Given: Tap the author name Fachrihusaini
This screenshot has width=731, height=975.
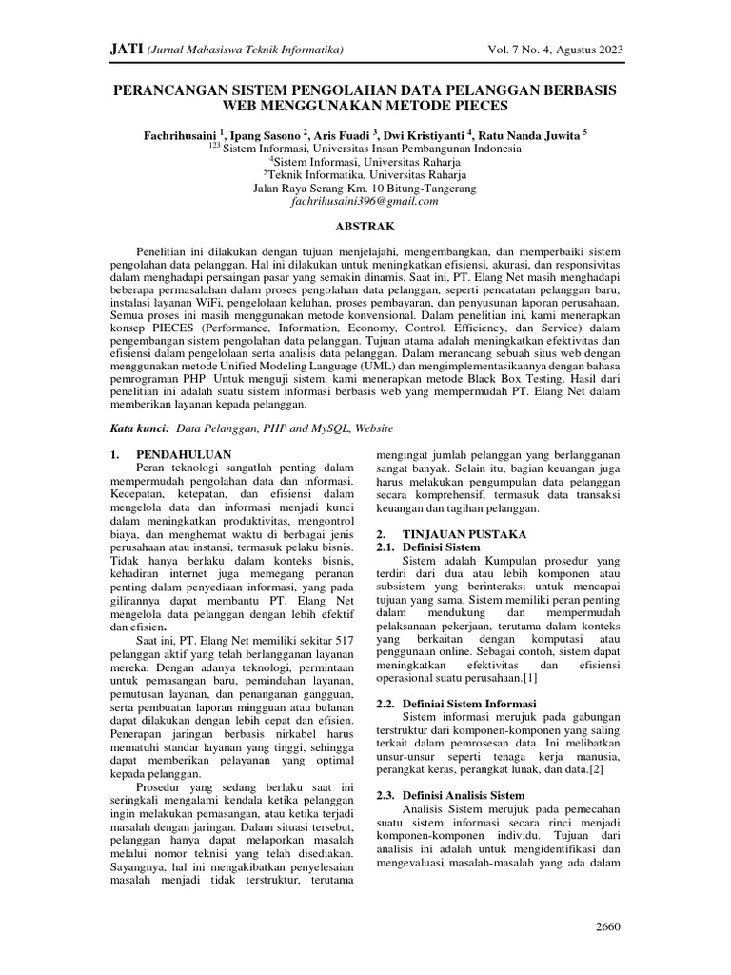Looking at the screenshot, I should [180, 135].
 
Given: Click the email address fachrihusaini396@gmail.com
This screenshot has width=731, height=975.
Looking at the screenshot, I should [365, 202].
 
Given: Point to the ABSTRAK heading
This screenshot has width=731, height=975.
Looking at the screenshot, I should [365, 227].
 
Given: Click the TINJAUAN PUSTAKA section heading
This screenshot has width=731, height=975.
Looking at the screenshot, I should [459, 535].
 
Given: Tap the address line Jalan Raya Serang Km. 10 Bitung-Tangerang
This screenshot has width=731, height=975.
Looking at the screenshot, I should [365, 188].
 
